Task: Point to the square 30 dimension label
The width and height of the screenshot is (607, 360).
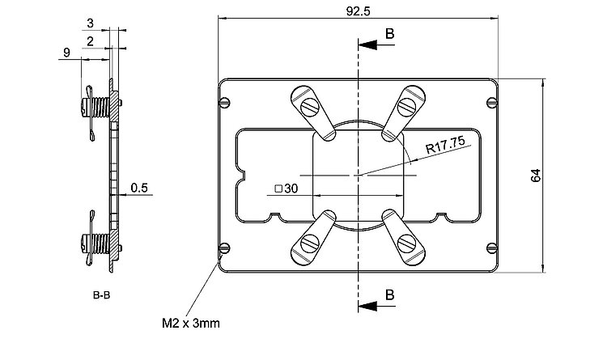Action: (287, 188)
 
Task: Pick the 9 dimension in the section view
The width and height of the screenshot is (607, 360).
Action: (65, 53)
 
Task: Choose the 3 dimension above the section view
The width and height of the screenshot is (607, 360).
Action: (89, 22)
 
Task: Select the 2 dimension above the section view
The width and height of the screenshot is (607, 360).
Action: (89, 40)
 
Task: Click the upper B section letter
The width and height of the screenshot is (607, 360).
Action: (390, 34)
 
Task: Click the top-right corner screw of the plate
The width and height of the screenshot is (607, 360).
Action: (491, 103)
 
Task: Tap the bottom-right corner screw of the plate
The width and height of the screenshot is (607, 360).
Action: (491, 248)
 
